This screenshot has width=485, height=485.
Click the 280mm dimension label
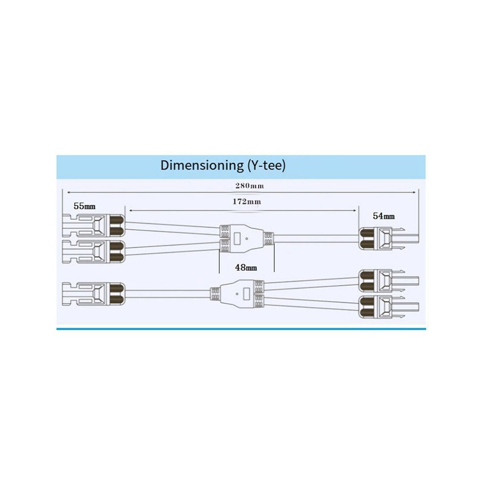pyautogui.click(x=249, y=186)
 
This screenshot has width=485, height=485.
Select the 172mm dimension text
pyautogui.click(x=246, y=202)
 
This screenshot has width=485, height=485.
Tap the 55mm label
pyautogui.click(x=84, y=206)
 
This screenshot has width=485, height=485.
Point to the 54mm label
pyautogui.click(x=384, y=216)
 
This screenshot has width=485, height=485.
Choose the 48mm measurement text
pyautogui.click(x=246, y=267)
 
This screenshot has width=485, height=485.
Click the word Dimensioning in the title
pyautogui.click(x=202, y=166)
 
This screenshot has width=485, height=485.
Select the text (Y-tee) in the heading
pyautogui.click(x=267, y=166)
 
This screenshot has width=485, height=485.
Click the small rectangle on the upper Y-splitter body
pyautogui.click(x=238, y=239)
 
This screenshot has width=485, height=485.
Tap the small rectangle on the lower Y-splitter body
pyautogui.click(x=246, y=293)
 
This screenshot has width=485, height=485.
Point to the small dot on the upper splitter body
pyautogui.click(x=246, y=239)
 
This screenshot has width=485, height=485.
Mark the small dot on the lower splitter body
pyautogui.click(x=237, y=293)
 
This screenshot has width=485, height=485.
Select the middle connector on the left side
pyautogui.click(x=94, y=252)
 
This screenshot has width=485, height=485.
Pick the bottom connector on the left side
pyautogui.click(x=94, y=294)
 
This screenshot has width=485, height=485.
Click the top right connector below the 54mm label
pyautogui.click(x=389, y=239)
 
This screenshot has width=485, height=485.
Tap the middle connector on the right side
pyautogui.click(x=389, y=281)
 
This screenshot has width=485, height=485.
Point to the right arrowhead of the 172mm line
pyautogui.click(x=355, y=211)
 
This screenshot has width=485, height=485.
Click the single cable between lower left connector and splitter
pyautogui.click(x=168, y=294)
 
